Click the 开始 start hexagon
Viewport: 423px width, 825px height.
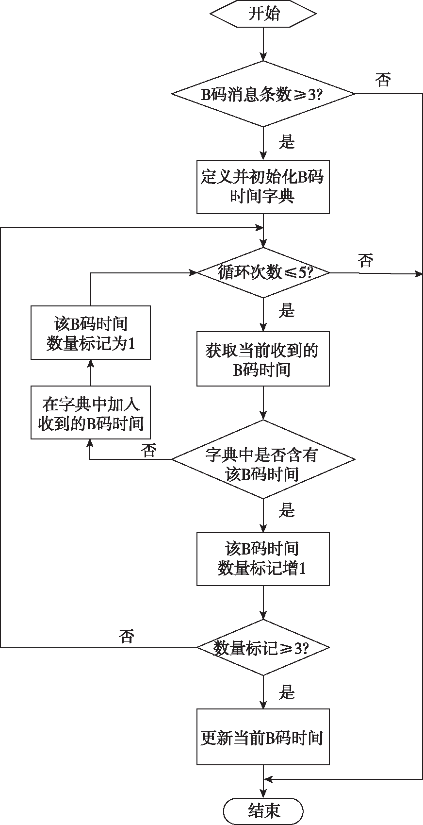tap(263, 14)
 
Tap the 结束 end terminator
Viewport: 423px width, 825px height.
tap(263, 810)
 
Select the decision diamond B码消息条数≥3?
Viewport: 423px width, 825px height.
tap(263, 94)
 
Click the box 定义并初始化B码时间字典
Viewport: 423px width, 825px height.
tap(263, 187)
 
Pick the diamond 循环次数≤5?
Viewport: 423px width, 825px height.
tap(263, 273)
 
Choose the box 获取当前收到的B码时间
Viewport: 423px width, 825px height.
tap(263, 359)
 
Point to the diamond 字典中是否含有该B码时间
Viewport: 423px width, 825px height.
tap(263, 459)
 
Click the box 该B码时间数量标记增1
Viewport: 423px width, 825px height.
tap(263, 559)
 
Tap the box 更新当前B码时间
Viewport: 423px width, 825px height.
tap(263, 737)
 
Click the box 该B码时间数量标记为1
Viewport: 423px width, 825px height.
tap(91, 333)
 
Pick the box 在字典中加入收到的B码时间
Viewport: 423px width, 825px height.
tap(91, 413)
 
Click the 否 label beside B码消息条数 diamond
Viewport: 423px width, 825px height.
tap(383, 80)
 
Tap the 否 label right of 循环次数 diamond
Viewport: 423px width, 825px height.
tap(365, 260)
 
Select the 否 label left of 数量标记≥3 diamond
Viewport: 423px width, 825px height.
tap(126, 636)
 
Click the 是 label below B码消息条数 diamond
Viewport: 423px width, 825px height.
tap(287, 141)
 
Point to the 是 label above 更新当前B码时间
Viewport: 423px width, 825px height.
tap(287, 692)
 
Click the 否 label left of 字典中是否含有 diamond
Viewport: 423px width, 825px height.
tap(148, 450)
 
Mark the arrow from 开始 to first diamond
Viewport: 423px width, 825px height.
tap(263, 44)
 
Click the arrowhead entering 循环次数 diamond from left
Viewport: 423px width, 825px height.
tap(194, 273)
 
